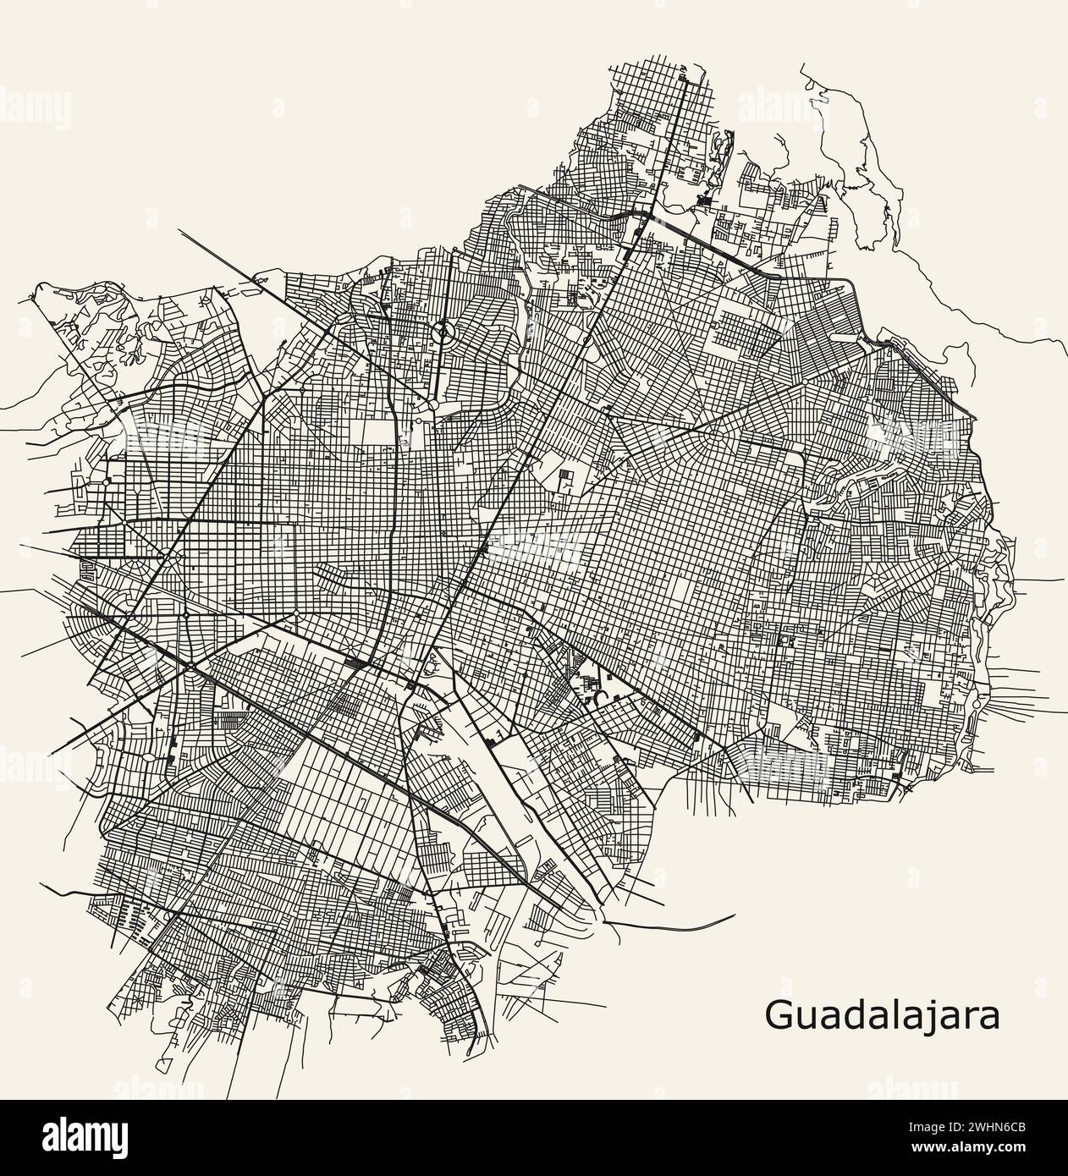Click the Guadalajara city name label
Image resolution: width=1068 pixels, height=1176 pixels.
pyautogui.click(x=882, y=1015)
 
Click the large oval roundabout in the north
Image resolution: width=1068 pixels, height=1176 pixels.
pyautogui.click(x=441, y=333)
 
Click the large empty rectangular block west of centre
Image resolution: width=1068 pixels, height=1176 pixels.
pyautogui.click(x=378, y=433)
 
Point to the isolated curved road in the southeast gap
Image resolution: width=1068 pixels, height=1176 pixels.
pyautogui.click(x=677, y=923)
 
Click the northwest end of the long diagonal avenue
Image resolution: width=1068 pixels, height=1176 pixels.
pyautogui.click(x=180, y=230)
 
